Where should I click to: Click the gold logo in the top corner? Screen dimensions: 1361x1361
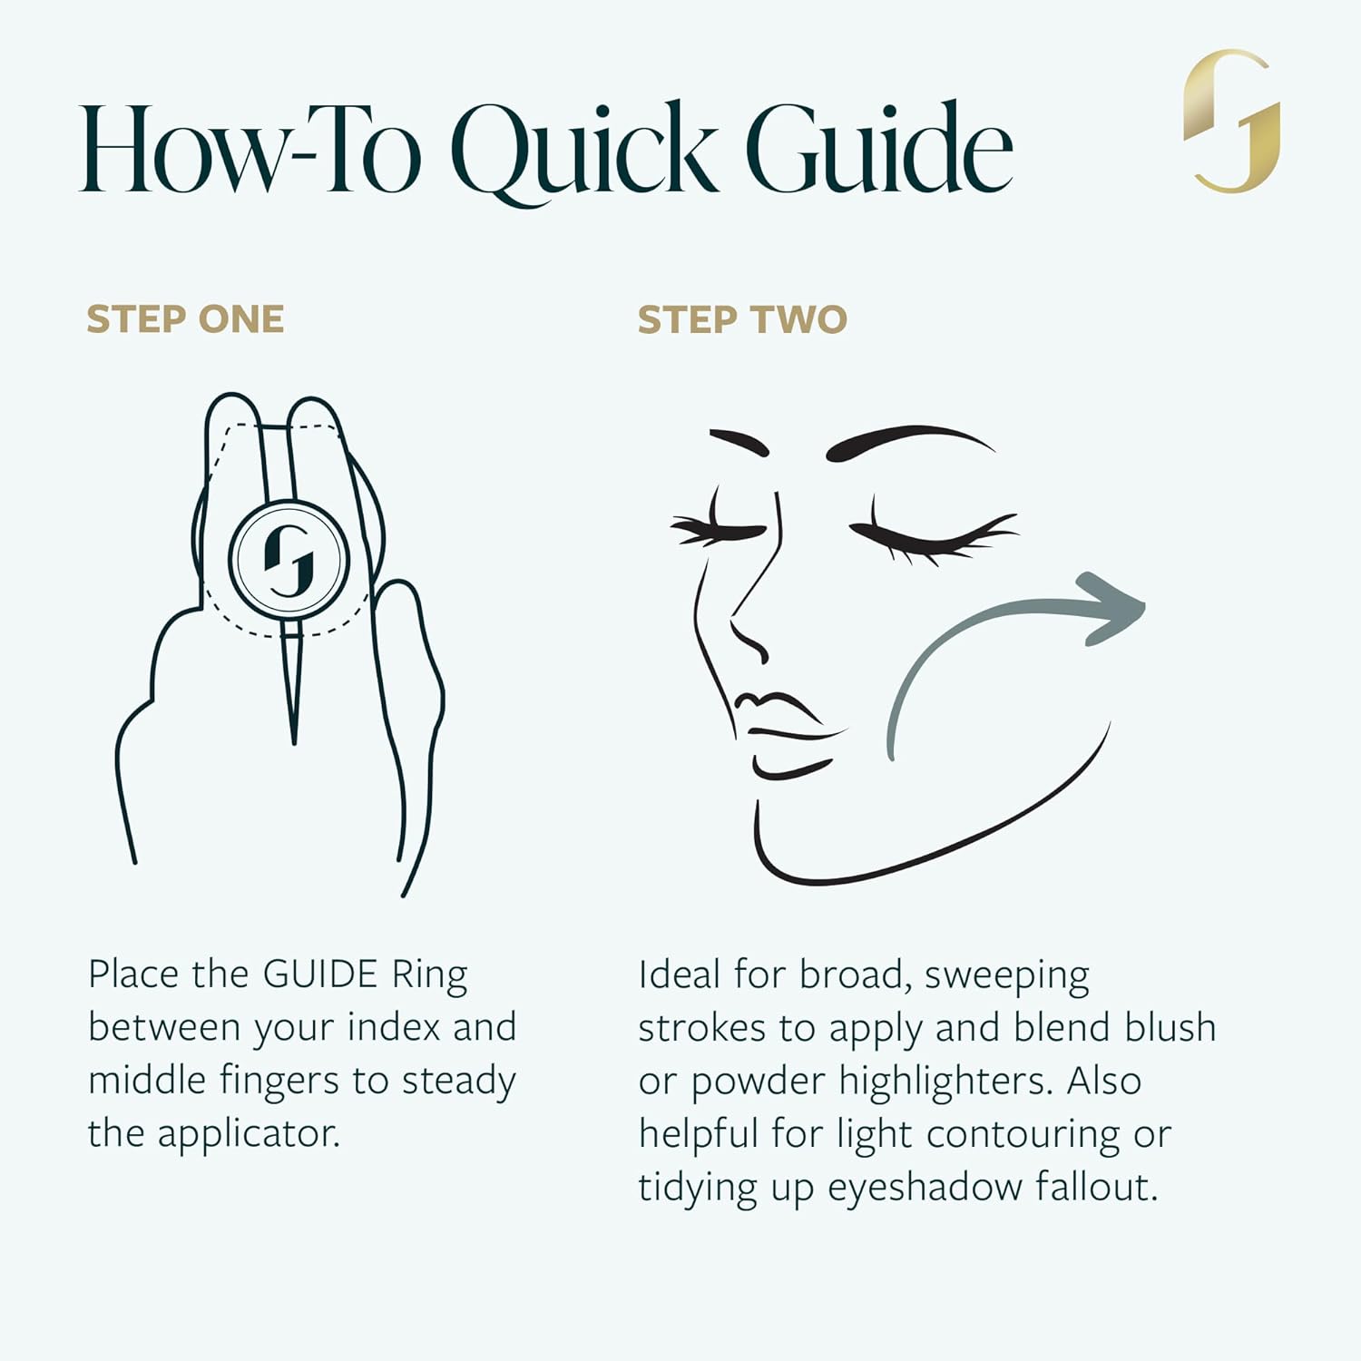point(1232,121)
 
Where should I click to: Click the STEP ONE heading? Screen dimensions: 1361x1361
point(185,319)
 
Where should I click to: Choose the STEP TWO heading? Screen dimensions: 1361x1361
point(742,319)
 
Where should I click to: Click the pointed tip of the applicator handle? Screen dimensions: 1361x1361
point(293,742)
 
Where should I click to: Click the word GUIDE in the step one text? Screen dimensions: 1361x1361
point(319,974)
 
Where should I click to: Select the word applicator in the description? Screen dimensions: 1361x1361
point(250,1134)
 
